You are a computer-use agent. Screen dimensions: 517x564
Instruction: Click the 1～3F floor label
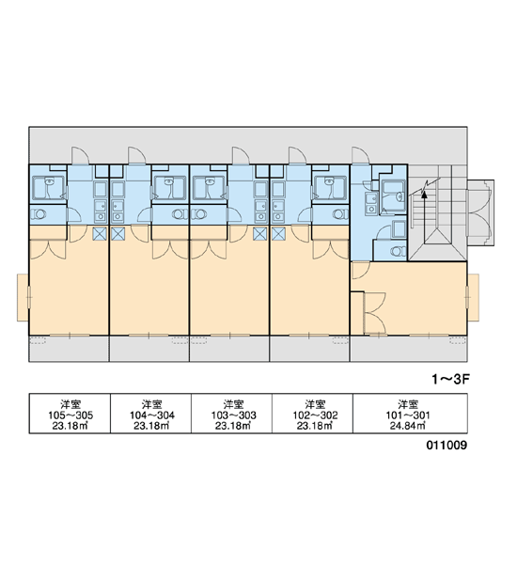point(451,379)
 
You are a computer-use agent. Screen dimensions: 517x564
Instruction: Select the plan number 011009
point(446,445)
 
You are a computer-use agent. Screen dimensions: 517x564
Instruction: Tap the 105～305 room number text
point(70,415)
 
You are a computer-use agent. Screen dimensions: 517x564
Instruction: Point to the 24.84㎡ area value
point(408,426)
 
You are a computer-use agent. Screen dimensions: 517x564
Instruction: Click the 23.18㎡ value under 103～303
point(233,426)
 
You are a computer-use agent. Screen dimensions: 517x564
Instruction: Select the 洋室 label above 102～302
point(315,404)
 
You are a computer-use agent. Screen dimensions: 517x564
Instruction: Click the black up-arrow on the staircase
point(424,195)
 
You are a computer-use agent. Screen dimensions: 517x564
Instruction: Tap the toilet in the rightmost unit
point(398,251)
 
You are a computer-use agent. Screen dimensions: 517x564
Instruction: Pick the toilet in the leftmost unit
point(39,214)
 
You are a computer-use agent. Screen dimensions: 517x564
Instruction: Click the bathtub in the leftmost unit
point(48,188)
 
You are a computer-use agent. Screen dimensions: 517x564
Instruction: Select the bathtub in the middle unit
point(208,188)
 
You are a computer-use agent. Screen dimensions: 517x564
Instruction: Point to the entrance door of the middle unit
point(241,155)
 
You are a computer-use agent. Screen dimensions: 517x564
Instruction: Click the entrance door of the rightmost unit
point(361,155)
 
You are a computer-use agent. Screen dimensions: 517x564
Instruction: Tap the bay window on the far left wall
point(23,297)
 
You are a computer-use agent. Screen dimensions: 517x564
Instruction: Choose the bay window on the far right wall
point(473,297)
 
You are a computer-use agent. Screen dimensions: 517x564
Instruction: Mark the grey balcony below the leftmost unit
point(69,349)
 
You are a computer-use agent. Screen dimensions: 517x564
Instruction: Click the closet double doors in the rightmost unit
point(374,313)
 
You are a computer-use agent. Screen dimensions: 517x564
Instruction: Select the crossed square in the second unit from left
point(117,234)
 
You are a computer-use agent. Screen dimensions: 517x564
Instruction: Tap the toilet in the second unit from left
point(180,214)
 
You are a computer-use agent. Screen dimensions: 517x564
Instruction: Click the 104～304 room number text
point(152,415)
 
